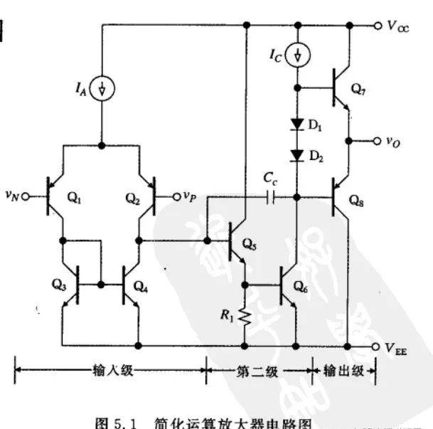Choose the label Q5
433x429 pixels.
pyautogui.click(x=250, y=245)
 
